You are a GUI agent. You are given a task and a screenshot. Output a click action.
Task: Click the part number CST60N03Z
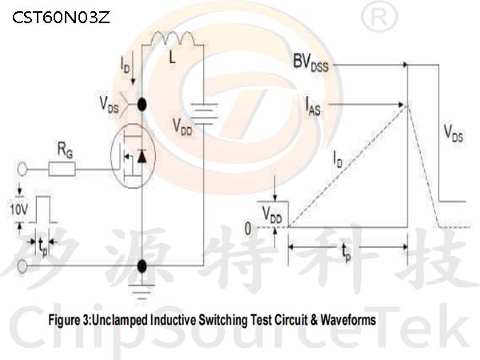click(x=61, y=18)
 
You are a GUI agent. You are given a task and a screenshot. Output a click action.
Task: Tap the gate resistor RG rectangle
click(x=62, y=170)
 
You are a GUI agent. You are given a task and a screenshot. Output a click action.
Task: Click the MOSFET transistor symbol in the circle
click(x=133, y=155)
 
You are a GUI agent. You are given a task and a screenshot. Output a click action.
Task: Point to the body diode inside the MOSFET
click(x=142, y=156)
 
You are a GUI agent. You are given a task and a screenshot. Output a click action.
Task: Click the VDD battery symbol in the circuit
click(x=204, y=114)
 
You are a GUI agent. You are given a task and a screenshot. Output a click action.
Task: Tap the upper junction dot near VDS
click(x=142, y=105)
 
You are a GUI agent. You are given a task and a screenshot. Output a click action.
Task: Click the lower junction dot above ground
click(x=142, y=266)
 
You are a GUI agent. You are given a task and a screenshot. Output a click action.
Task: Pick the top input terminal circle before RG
click(x=22, y=170)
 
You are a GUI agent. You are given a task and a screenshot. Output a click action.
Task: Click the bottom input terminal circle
click(x=22, y=266)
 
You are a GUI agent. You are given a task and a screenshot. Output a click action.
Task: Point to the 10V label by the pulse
click(x=19, y=210)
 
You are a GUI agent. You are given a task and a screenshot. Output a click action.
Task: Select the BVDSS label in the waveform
click(x=310, y=63)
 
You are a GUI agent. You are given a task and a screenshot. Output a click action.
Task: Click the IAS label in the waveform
click(x=313, y=106)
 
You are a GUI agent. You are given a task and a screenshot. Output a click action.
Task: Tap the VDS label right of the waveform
click(x=453, y=134)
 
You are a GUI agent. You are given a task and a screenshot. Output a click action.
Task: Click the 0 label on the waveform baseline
click(x=248, y=228)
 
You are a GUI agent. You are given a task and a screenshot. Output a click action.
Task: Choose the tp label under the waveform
click(x=346, y=252)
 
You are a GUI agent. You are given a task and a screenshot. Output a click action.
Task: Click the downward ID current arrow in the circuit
click(x=133, y=68)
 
